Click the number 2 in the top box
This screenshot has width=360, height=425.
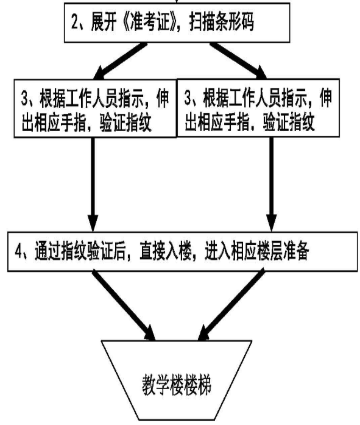(x=75, y=22)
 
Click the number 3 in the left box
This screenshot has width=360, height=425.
(x=25, y=98)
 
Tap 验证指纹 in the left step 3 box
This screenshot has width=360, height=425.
(x=125, y=123)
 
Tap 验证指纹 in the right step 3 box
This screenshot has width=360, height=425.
(x=289, y=122)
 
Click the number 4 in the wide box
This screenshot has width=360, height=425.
(x=18, y=251)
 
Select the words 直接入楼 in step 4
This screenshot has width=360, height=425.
(x=166, y=251)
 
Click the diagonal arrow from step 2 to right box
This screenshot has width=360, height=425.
(x=238, y=61)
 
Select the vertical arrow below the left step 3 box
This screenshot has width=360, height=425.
(x=93, y=185)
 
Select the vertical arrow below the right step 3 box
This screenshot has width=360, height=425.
(x=272, y=184)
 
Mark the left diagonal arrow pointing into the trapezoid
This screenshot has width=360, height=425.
(x=124, y=305)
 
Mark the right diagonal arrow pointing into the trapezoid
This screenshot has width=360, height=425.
(x=231, y=305)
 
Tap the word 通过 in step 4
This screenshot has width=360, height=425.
(x=48, y=251)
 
